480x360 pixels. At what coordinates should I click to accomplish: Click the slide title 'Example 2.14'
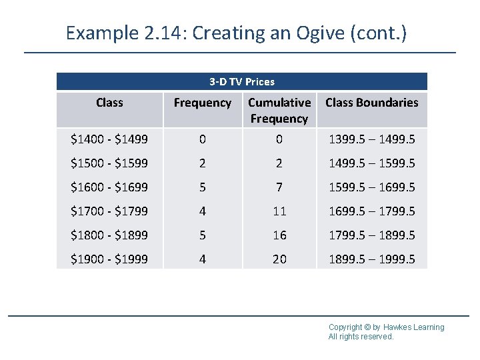pos(236,33)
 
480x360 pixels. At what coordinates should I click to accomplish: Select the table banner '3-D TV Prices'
pos(241,82)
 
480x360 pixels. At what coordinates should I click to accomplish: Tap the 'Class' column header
pos(109,103)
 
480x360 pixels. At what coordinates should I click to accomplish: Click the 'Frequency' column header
pos(202,103)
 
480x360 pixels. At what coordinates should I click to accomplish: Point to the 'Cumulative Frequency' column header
pos(279,111)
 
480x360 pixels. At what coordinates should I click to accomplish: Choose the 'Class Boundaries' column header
pos(371,103)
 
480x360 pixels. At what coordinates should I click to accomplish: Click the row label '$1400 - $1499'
pos(109,139)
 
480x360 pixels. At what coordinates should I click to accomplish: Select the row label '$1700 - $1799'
pos(109,211)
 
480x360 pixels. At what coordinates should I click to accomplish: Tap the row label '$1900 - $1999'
pos(109,259)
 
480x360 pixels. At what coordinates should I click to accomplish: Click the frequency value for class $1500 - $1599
pos(202,163)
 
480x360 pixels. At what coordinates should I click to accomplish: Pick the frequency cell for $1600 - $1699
pos(202,187)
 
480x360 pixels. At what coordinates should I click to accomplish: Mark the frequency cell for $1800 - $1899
pos(202,235)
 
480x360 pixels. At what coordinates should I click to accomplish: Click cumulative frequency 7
pos(279,187)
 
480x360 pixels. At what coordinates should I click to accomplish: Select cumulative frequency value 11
pos(279,211)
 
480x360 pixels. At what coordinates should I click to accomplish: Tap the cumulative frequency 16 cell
pos(279,235)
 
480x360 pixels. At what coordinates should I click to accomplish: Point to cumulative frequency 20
pos(279,259)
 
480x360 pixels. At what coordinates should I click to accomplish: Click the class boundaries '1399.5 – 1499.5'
pos(371,139)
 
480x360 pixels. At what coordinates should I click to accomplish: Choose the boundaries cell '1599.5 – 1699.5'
pos(371,187)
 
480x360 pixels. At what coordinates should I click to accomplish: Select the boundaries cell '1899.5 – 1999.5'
pos(371,259)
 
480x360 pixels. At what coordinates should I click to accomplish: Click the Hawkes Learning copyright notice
pos(386,331)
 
